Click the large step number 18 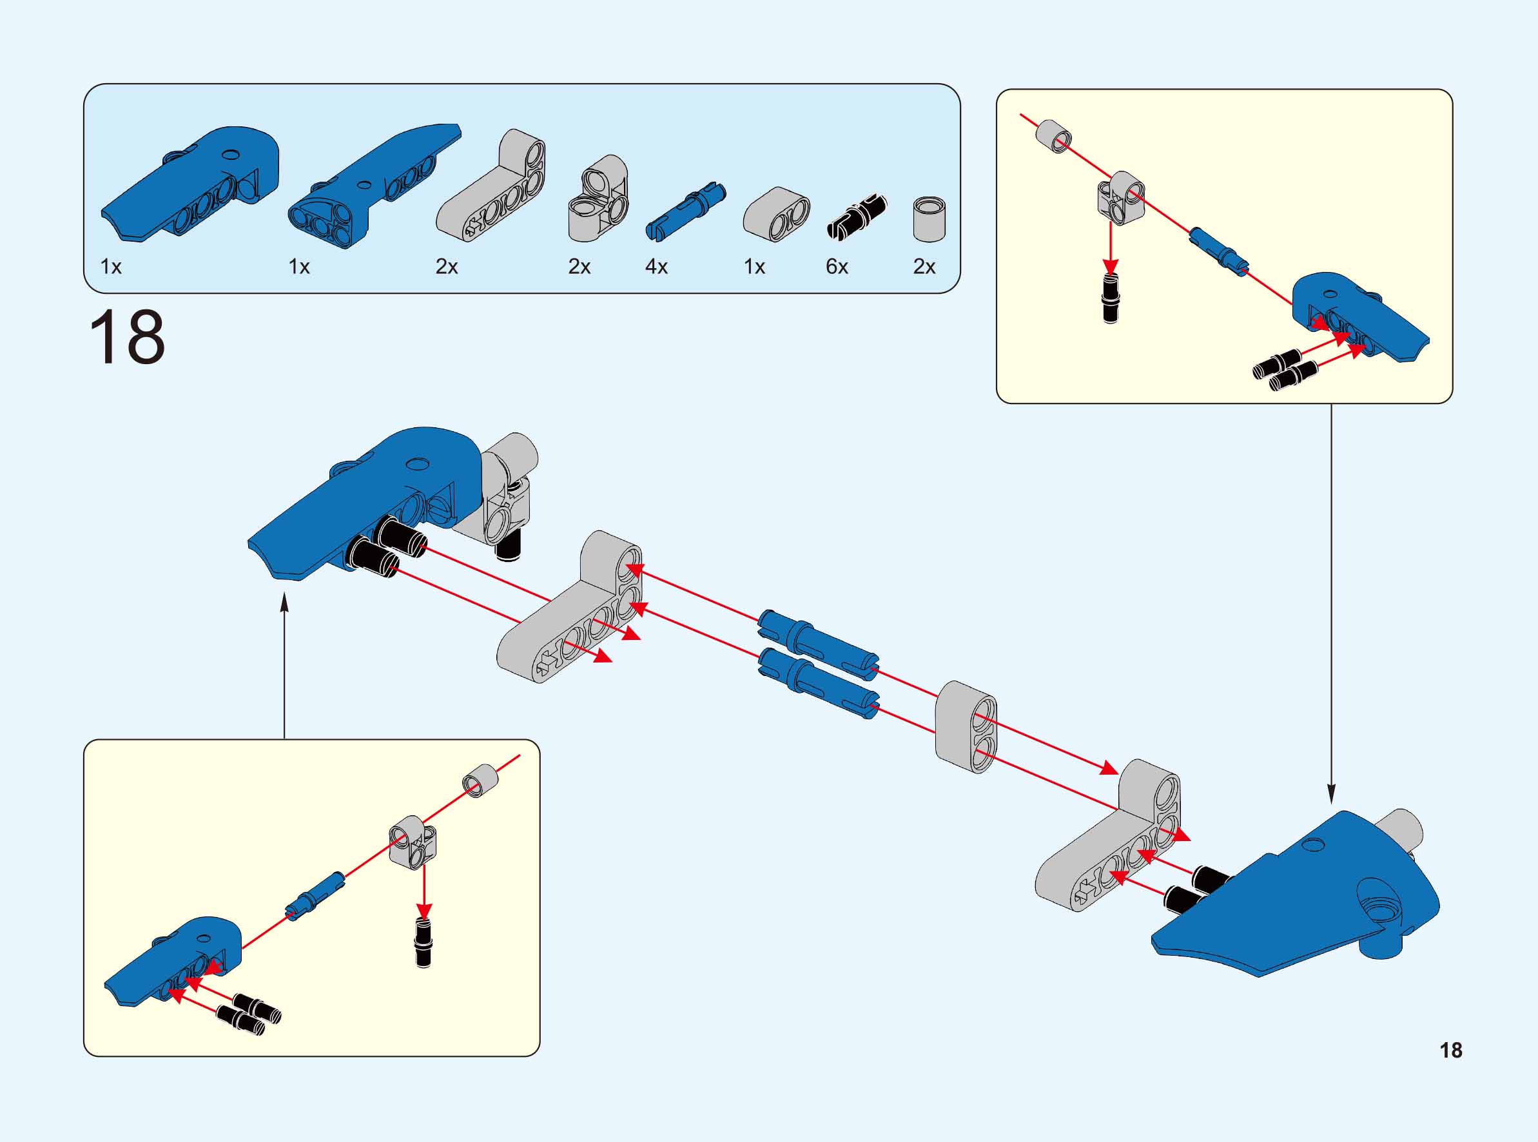[x=127, y=338]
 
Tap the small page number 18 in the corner [x=1451, y=1050]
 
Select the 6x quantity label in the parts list [x=837, y=267]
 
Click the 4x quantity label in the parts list [x=656, y=267]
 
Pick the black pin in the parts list [x=857, y=216]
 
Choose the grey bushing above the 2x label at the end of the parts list [x=929, y=219]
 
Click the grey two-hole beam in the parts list [x=776, y=215]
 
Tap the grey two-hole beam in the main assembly [x=966, y=726]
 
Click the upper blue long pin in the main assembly [x=819, y=637]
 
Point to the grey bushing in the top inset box [x=1053, y=135]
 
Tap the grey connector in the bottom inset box [x=413, y=841]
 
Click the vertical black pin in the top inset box [x=1110, y=298]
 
